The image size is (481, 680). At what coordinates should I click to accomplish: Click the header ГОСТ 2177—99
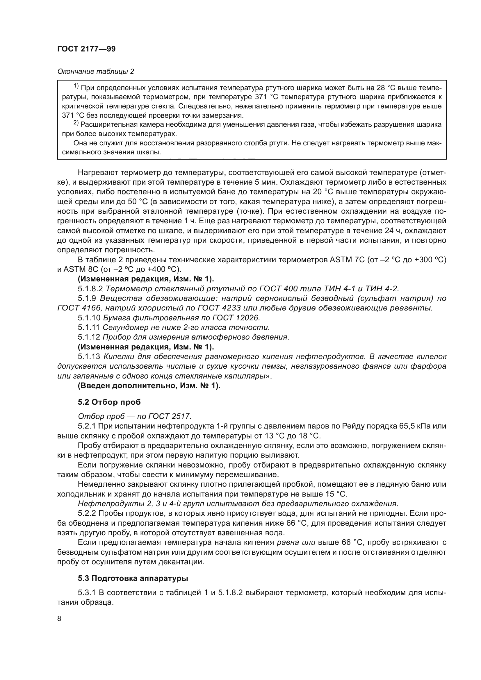pos(86,49)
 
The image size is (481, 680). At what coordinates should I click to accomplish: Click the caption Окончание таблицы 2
pos(96,72)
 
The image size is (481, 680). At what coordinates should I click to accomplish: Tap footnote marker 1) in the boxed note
pos(76,86)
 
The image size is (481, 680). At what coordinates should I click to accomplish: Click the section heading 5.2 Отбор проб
pos(109,402)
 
